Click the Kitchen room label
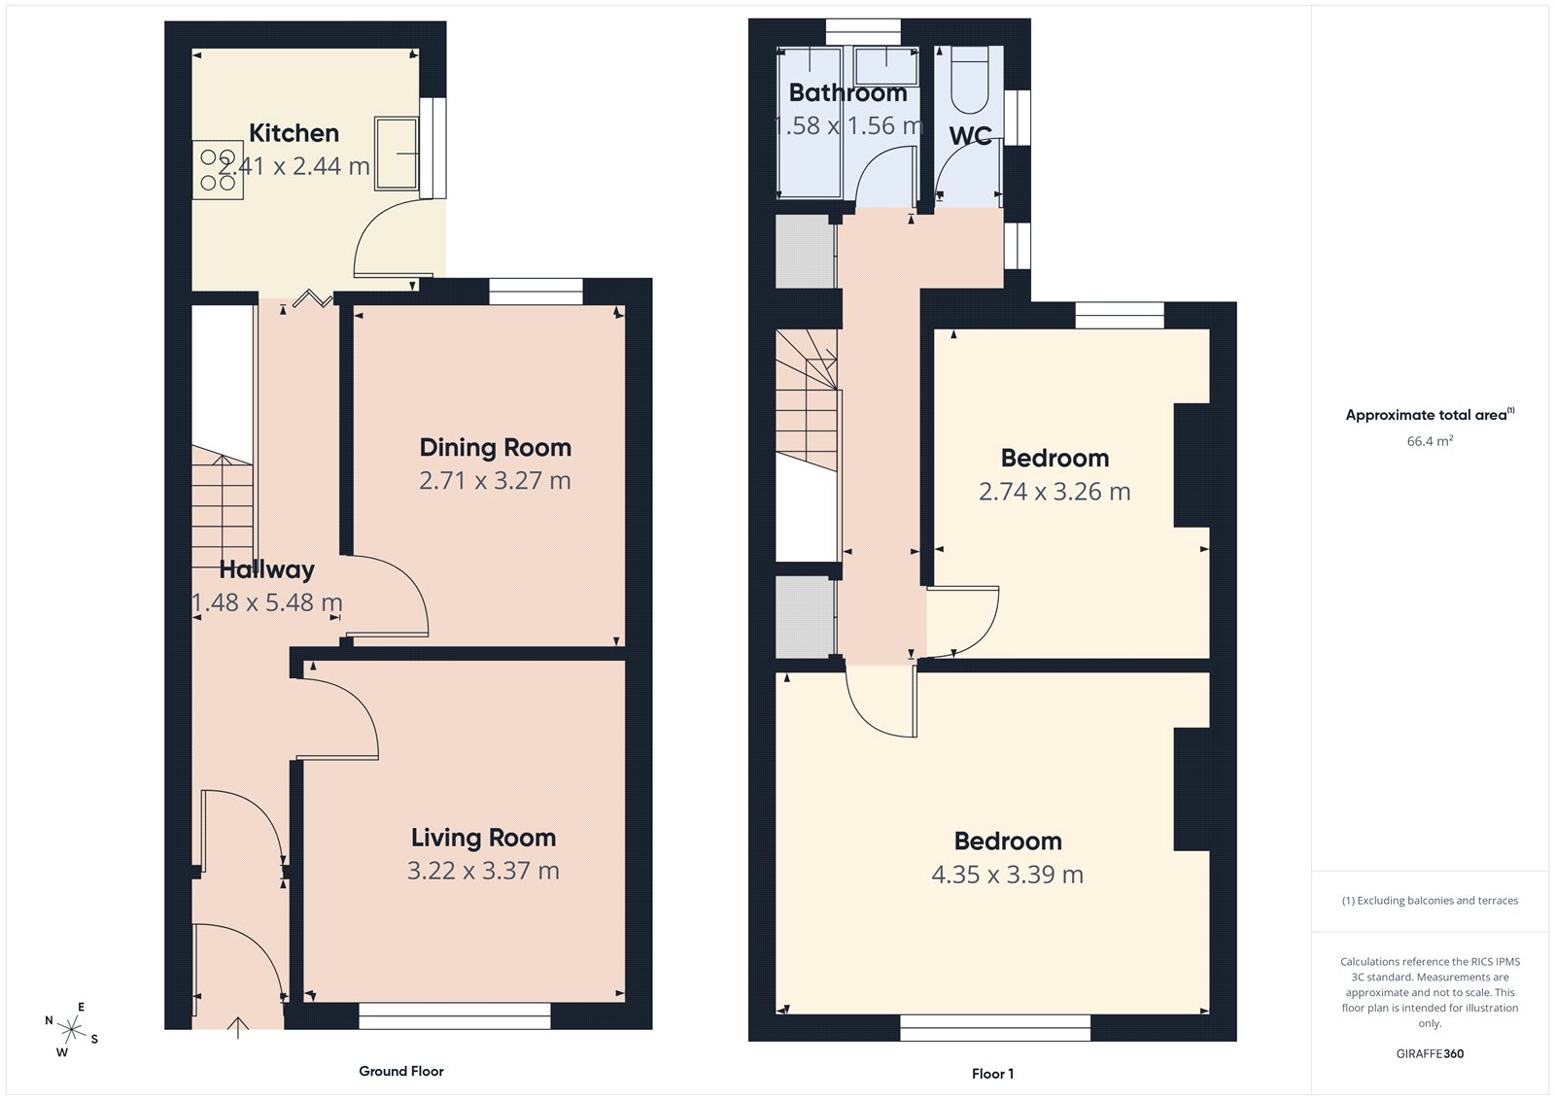pyautogui.click(x=294, y=133)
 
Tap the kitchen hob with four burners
pyautogui.click(x=218, y=170)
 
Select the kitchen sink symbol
pyautogui.click(x=397, y=154)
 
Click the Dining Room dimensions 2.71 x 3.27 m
pyautogui.click(x=495, y=481)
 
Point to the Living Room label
pyautogui.click(x=483, y=838)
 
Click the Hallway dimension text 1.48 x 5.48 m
pyautogui.click(x=267, y=603)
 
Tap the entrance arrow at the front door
pyautogui.click(x=238, y=1027)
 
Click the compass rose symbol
pyautogui.click(x=72, y=1028)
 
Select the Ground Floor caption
pyautogui.click(x=401, y=1071)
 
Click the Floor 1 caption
pyautogui.click(x=992, y=1074)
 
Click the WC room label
pyautogui.click(x=970, y=136)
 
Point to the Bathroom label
pyautogui.click(x=847, y=93)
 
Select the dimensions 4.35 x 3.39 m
pyautogui.click(x=1007, y=875)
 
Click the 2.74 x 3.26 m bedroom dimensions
pyautogui.click(x=1054, y=492)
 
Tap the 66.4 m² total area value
pyautogui.click(x=1430, y=441)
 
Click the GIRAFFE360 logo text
pyautogui.click(x=1430, y=1053)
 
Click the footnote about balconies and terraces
pyautogui.click(x=1430, y=901)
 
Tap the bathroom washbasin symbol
pyautogui.click(x=885, y=65)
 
